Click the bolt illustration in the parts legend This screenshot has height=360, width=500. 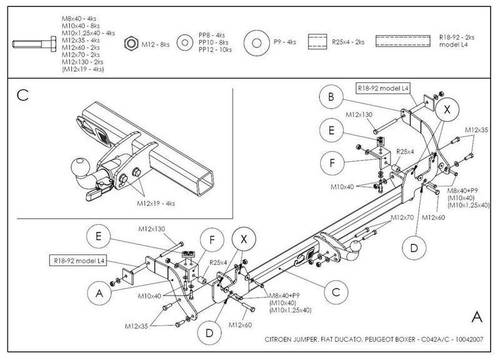pos(34,44)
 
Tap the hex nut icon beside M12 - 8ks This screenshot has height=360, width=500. pos(131,43)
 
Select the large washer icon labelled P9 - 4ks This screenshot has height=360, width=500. pos(257,42)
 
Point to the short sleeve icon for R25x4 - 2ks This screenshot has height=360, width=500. pos(317,42)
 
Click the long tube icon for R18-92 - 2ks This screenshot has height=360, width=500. pos(402,41)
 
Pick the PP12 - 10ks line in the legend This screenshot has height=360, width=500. pos(215,50)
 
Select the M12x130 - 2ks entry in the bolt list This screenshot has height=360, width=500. pos(82,62)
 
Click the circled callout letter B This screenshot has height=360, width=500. pos(331,97)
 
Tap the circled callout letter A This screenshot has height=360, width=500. pos(99,292)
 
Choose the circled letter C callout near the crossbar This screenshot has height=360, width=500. pos(336,292)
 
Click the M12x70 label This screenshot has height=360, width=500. pos(402,217)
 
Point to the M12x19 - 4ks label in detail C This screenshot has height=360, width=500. pos(156,203)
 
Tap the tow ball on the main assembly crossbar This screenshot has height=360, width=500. pos(355,246)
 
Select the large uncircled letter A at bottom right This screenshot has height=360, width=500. pos(477,317)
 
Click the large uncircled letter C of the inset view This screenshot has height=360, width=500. pos(23,95)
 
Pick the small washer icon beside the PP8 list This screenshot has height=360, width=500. pos(184,42)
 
